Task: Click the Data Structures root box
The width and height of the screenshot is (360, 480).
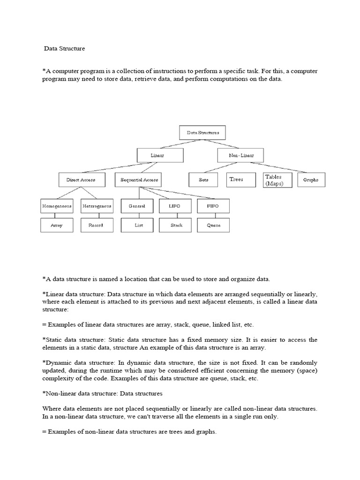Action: pyautogui.click(x=202, y=133)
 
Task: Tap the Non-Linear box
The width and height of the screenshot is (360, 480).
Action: pyautogui.click(x=240, y=155)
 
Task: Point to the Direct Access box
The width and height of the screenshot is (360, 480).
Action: pyautogui.click(x=77, y=180)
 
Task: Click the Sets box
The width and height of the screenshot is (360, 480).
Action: pyautogui.click(x=203, y=180)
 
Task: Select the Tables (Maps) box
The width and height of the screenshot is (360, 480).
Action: pyautogui.click(x=277, y=180)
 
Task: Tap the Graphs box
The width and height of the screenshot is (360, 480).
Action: pyautogui.click(x=311, y=180)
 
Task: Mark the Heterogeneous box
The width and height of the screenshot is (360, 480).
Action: pyautogui.click(x=97, y=206)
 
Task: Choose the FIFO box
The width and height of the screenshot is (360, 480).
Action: pyautogui.click(x=213, y=206)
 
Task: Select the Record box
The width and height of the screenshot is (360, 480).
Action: pyautogui.click(x=96, y=225)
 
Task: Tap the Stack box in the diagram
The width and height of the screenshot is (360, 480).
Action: pyautogui.click(x=176, y=225)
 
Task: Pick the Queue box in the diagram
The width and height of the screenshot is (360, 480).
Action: pyautogui.click(x=214, y=225)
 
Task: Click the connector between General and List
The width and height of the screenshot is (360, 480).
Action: pyautogui.click(x=138, y=215)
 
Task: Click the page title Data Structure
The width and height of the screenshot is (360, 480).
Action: pyautogui.click(x=65, y=48)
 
